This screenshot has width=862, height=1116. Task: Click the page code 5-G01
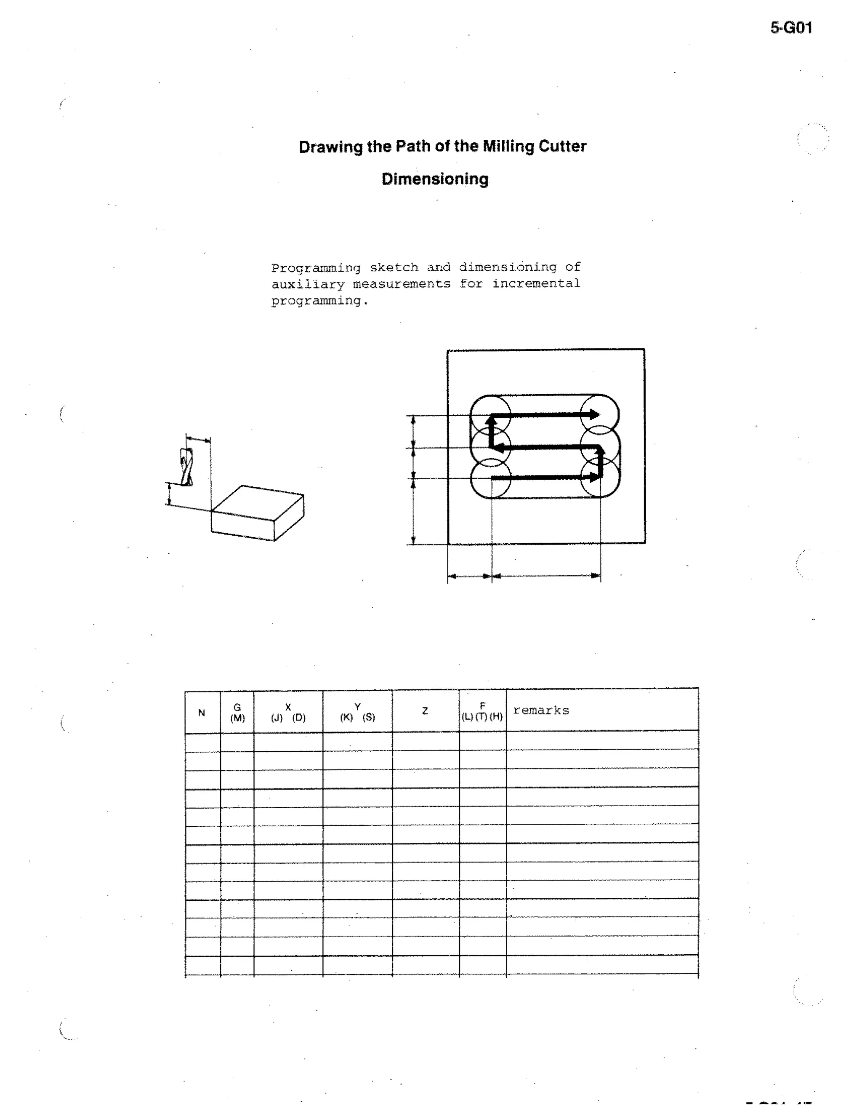(791, 28)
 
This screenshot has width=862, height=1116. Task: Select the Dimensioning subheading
(434, 179)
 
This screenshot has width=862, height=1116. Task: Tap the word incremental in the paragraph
(536, 283)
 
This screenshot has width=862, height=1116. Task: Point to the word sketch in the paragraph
(394, 267)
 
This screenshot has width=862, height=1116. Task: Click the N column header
(202, 712)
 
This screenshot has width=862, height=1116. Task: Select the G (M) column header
(237, 712)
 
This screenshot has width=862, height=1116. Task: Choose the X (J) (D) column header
(288, 712)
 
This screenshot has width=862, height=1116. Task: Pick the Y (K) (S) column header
(357, 712)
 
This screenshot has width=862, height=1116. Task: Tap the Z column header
(425, 711)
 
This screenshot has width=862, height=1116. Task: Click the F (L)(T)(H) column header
(482, 712)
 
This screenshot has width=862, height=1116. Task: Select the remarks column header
(541, 710)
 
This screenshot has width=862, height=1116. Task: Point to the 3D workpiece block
(258, 513)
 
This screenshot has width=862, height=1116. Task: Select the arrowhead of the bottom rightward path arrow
(594, 477)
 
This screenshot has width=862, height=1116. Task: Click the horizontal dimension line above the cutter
(198, 439)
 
